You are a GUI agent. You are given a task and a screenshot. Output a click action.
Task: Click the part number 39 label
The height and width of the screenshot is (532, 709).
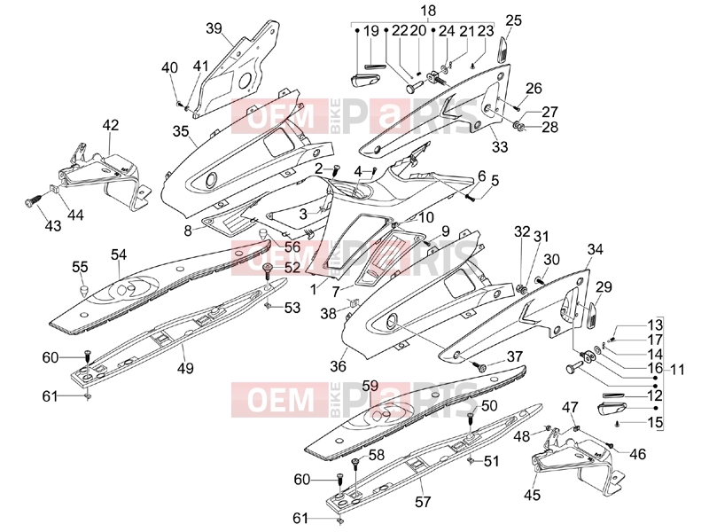pyautogui.click(x=214, y=28)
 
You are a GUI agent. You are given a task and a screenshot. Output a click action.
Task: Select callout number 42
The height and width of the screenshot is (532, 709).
pyautogui.click(x=111, y=124)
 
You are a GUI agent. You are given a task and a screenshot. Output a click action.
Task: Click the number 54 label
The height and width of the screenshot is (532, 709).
pyautogui.click(x=119, y=254)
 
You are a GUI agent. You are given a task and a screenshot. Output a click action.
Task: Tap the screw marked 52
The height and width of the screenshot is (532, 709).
pyautogui.click(x=268, y=271)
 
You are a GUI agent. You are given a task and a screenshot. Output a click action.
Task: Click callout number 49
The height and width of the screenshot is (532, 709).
pyautogui.click(x=185, y=368)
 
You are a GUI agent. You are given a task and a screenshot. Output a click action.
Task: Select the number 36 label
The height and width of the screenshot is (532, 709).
pyautogui.click(x=339, y=365)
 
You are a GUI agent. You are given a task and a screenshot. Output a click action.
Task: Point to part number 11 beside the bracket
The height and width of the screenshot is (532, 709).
pyautogui.click(x=677, y=369)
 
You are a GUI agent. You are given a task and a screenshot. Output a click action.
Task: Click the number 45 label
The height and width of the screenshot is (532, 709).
pyautogui.click(x=533, y=495)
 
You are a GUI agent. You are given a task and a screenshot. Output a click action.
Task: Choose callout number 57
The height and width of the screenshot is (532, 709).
pyautogui.click(x=423, y=501)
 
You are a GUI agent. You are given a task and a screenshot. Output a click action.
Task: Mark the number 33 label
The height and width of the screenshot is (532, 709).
pyautogui.click(x=500, y=146)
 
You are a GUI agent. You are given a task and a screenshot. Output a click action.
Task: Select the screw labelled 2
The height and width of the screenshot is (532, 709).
pyautogui.click(x=336, y=172)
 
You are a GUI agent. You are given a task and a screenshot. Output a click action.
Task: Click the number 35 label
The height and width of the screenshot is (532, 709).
pyautogui.click(x=181, y=131)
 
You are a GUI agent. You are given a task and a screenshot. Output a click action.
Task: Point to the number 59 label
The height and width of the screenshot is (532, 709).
pyautogui.click(x=370, y=386)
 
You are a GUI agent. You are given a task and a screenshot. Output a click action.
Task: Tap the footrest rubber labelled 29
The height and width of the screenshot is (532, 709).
pyautogui.click(x=591, y=316)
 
